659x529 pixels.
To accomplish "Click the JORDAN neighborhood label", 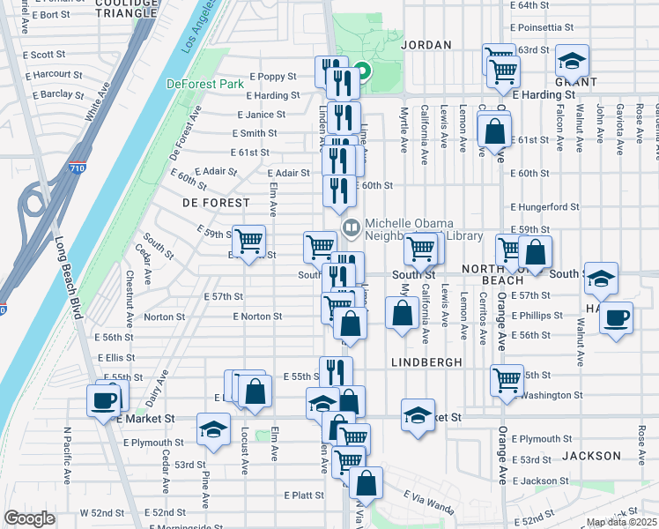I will pos(426,45).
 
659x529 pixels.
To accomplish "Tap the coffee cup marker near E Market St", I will pos(105,399).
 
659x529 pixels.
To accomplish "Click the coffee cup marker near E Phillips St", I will pos(616,317).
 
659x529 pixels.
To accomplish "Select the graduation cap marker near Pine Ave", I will pos(213,428).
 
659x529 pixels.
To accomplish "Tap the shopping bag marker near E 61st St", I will pos(495,130).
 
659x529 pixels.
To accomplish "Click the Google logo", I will pos(30,518).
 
